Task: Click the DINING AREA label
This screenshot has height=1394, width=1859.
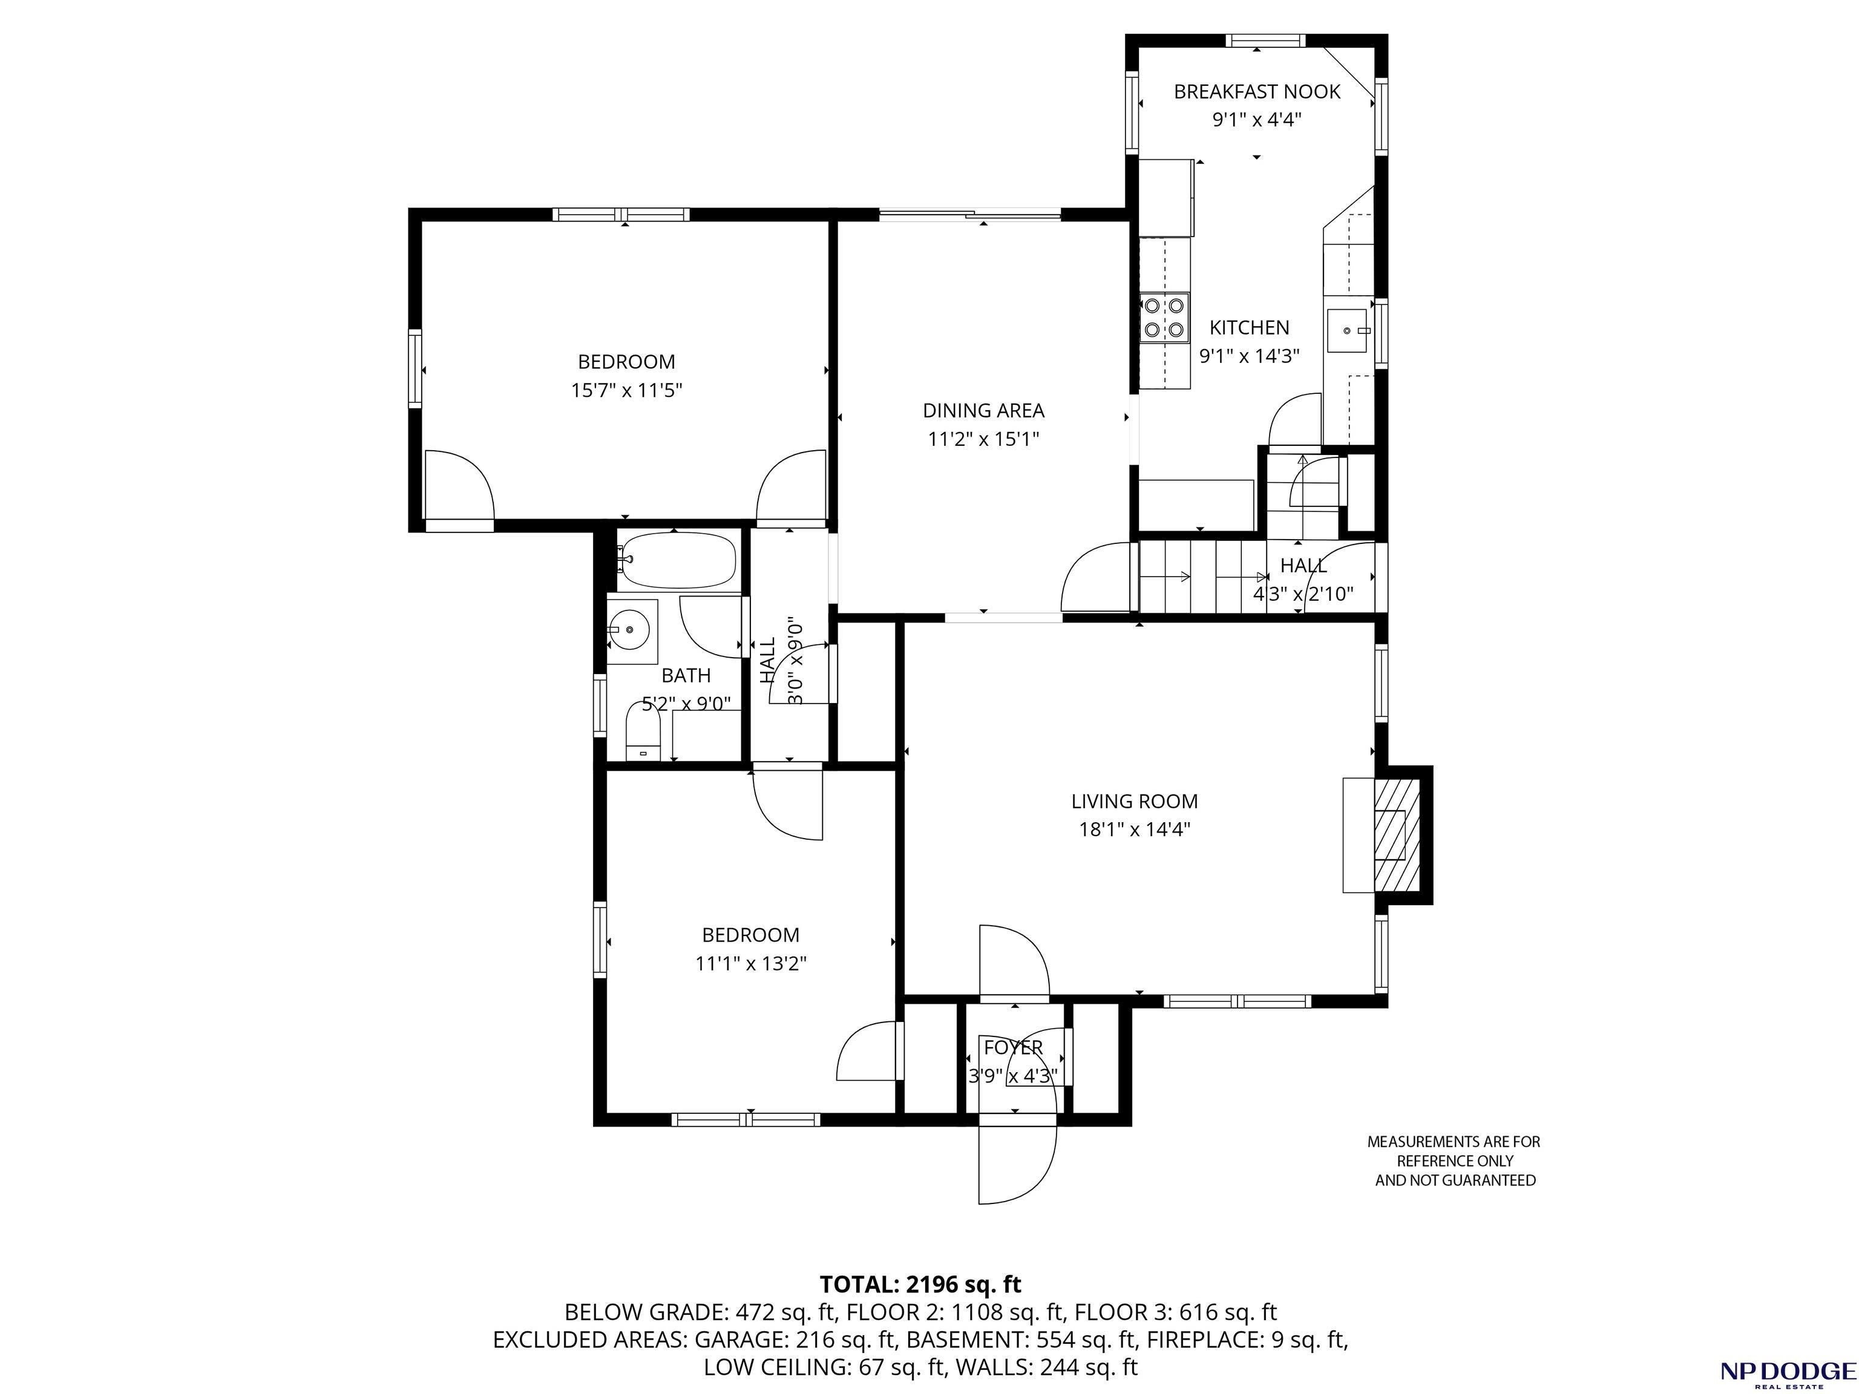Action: tap(983, 411)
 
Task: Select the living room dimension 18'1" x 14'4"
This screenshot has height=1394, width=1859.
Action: tap(1135, 830)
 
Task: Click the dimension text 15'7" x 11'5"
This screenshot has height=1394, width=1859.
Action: tap(626, 391)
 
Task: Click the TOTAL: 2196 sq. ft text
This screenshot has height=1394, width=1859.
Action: tap(920, 1284)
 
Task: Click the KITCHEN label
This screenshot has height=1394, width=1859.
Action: tap(1249, 328)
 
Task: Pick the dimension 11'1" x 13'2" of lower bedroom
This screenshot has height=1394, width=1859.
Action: tap(750, 964)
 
